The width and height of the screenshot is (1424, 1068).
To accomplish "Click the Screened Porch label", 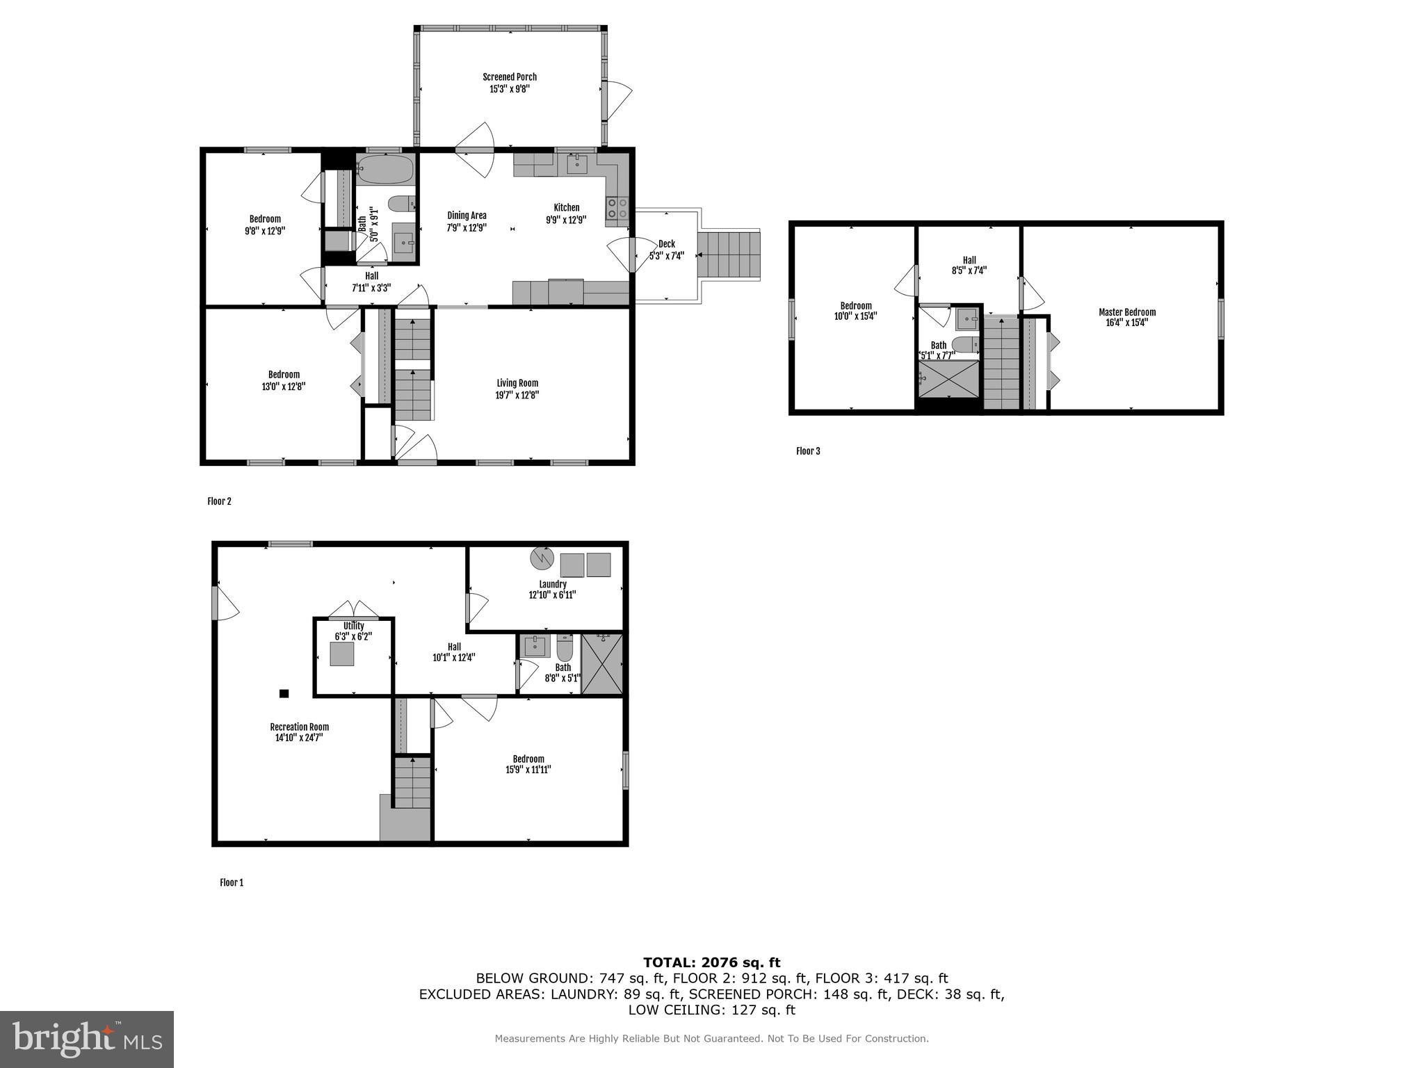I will point(510,77).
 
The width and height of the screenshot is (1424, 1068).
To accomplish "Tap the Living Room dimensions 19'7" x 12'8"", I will point(517,395).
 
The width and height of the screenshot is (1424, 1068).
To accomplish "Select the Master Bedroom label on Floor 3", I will point(1126,312).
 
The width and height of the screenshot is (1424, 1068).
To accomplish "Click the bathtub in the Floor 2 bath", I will point(385,169).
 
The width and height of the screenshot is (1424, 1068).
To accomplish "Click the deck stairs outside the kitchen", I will point(729,254).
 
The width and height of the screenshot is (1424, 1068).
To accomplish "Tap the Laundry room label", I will point(552,584).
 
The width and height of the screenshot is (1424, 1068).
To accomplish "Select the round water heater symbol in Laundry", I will point(541,558).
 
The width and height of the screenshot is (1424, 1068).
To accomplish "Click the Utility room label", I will point(353,626).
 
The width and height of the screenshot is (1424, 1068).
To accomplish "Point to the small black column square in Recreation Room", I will point(284,693).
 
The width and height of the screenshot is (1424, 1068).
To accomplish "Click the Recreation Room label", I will point(299,727).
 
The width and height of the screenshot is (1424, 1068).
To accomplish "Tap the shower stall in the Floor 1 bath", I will point(602,664).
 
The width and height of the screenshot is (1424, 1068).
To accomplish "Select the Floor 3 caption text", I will point(808,451).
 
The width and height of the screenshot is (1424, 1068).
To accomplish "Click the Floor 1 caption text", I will point(232,882).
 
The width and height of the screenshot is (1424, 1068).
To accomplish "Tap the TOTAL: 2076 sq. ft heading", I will point(711,962).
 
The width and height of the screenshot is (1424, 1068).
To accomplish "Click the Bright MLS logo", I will point(87,1039).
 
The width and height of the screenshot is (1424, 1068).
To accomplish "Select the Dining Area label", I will point(467,216).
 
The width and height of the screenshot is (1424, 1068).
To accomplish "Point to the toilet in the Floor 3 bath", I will point(964,344).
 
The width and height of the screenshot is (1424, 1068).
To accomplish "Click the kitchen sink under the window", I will point(577,165).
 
